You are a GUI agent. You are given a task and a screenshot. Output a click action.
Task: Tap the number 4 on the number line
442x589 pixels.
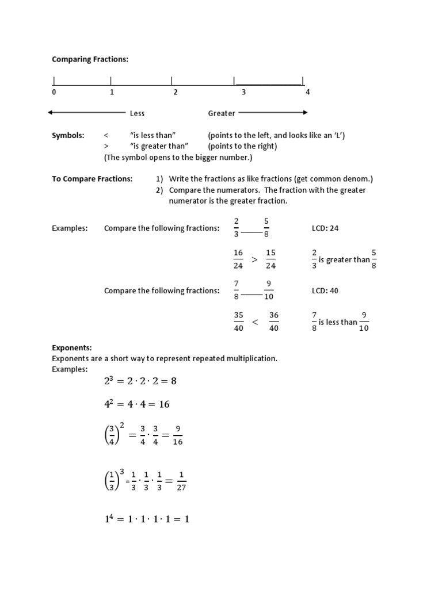coord(307,92)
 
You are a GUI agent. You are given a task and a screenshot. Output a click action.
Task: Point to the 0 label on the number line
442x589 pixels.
coord(54,92)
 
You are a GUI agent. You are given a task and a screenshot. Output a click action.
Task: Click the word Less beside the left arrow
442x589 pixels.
coord(137,113)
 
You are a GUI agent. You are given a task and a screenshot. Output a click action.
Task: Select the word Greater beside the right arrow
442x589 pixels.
coord(222,113)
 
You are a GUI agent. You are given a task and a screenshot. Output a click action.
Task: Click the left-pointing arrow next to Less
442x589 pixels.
coord(86,113)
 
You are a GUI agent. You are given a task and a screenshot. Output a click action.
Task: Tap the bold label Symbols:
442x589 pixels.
coord(68,136)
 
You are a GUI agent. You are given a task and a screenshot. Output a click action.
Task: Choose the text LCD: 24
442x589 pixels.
coord(325,228)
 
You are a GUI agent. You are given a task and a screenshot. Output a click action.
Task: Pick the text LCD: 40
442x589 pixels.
coord(325,291)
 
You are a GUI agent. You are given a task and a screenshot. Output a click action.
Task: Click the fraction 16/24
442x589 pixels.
coord(238,259)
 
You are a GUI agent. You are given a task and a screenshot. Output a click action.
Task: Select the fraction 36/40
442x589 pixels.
coord(274,322)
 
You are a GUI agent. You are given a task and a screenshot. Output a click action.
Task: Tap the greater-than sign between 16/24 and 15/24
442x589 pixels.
coord(254,260)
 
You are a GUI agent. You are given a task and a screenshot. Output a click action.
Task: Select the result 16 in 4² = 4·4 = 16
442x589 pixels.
coord(164,404)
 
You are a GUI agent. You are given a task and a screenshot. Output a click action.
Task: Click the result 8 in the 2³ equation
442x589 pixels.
coord(173,381)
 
